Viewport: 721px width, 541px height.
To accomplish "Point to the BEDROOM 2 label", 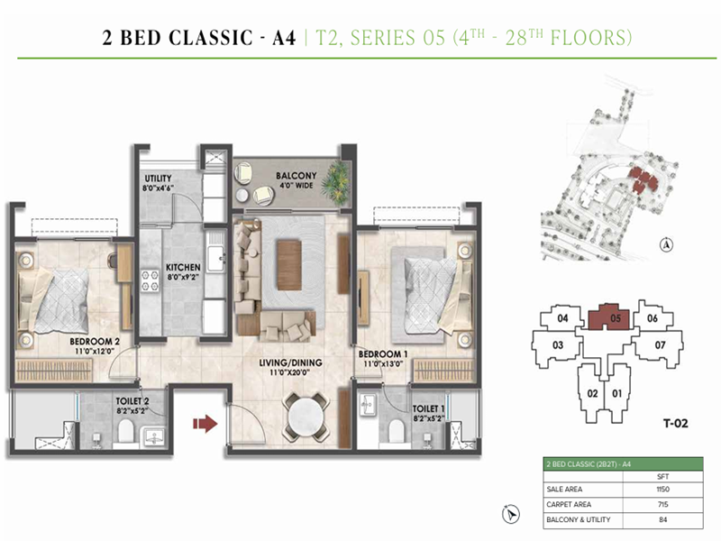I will pos(96,341).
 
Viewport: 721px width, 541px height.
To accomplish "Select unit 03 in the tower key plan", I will pos(558,345).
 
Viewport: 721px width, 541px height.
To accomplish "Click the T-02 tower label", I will pos(669,420).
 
